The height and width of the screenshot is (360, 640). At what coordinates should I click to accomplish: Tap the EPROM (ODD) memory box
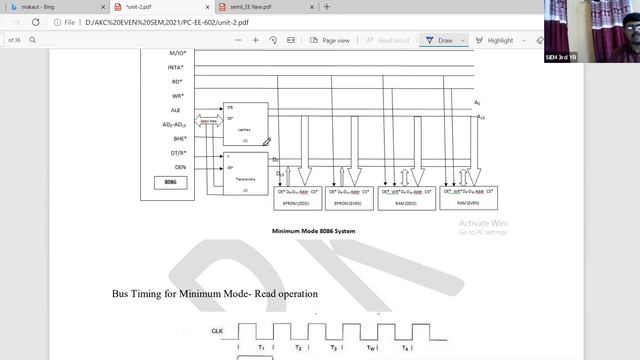(x=298, y=198)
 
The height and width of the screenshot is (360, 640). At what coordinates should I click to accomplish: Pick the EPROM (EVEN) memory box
(x=349, y=198)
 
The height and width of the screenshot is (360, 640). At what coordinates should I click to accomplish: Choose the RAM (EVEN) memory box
(x=467, y=198)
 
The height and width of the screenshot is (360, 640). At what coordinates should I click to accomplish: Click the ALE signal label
(x=177, y=110)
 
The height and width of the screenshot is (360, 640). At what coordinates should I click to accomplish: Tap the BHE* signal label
(x=178, y=138)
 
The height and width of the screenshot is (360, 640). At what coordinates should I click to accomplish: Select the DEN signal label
(x=180, y=166)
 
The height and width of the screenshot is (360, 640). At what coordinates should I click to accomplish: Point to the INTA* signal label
(x=175, y=67)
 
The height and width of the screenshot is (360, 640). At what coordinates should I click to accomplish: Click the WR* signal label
(x=177, y=96)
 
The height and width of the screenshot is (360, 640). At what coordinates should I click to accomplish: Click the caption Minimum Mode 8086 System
(x=314, y=231)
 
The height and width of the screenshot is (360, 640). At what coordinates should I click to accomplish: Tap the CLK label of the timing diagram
(x=217, y=330)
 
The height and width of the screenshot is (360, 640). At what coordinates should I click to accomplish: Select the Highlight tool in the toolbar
(x=495, y=40)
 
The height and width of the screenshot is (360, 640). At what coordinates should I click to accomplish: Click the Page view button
(x=329, y=40)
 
